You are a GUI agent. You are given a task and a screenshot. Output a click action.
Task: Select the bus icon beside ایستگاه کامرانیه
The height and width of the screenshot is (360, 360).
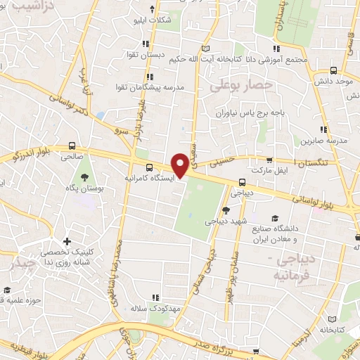click(148, 167)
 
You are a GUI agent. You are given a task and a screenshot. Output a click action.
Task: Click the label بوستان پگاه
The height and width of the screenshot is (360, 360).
click(84, 189)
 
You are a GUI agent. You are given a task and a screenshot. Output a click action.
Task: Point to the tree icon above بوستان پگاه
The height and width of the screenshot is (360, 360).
click(84, 177)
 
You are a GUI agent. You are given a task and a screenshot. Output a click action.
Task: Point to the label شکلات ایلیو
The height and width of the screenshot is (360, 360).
click(153, 20)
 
